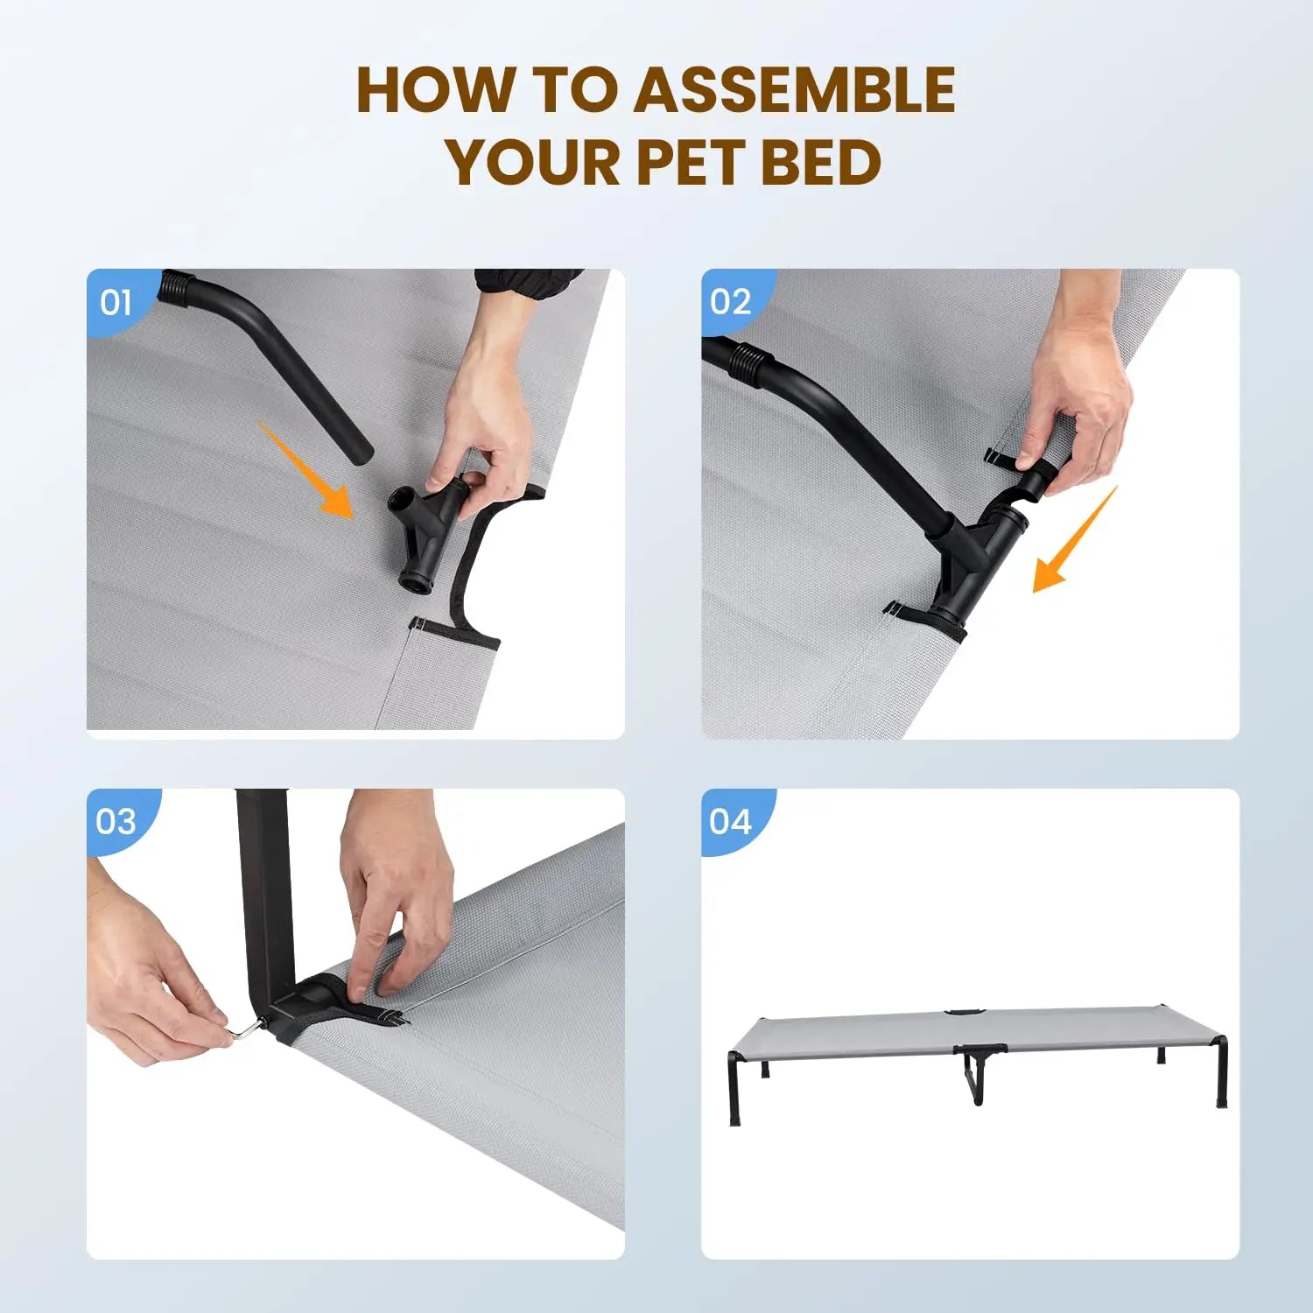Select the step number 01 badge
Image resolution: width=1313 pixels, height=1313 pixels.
116,303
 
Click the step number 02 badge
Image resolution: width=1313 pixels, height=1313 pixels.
731,303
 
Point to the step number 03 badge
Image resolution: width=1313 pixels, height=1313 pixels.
116,822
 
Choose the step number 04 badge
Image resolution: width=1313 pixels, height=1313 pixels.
731,822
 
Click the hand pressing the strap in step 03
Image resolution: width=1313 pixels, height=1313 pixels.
394,893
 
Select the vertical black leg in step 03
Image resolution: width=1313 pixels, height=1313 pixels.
263,893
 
